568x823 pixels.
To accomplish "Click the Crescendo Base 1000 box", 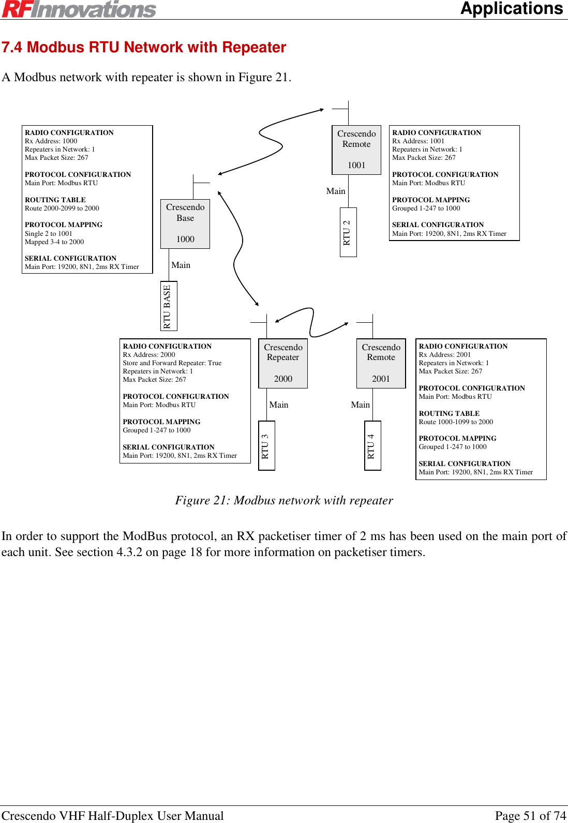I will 185,223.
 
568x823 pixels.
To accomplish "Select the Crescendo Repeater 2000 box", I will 283,363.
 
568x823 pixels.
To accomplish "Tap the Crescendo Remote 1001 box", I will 356,149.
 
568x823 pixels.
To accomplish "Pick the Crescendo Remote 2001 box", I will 381,363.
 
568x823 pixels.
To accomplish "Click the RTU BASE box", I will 169,306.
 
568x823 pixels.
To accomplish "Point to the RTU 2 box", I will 348,232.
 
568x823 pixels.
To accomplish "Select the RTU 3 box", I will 266,445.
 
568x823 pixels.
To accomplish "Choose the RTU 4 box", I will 372,445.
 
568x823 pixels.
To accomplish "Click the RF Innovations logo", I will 79,9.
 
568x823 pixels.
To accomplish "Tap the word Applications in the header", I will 511,9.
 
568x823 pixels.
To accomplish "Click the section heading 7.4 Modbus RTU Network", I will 144,48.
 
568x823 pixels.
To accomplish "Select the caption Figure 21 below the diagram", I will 284,500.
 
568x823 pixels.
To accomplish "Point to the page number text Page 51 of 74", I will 530,815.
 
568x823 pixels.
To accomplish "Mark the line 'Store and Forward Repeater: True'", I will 172,363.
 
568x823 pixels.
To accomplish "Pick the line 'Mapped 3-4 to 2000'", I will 54,242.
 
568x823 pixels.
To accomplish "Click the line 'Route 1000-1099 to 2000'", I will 456,422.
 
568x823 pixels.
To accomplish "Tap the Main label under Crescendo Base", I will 181,265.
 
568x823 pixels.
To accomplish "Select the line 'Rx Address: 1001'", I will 418,141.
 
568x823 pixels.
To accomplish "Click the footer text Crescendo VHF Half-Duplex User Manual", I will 113,815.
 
